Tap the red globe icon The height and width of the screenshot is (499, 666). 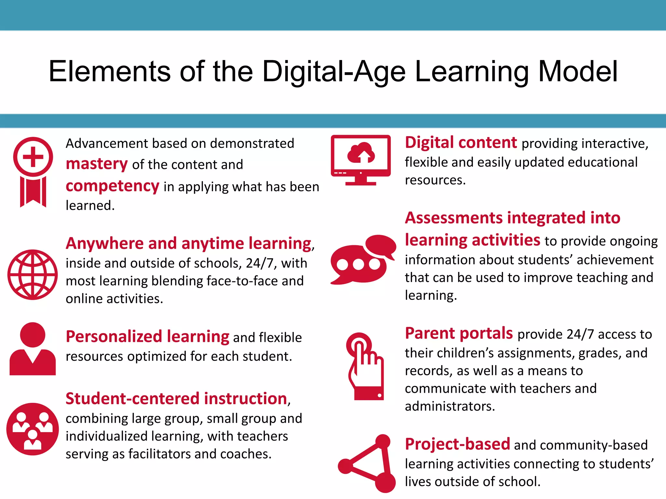click(x=33, y=275)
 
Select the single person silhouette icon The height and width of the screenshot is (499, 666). click(x=33, y=349)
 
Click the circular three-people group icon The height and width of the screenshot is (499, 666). click(x=33, y=429)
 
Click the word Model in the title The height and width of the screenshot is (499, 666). click(x=578, y=71)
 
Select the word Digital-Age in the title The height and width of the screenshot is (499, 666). click(x=334, y=71)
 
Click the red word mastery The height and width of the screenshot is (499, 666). click(x=97, y=164)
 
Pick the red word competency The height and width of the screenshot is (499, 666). click(x=113, y=186)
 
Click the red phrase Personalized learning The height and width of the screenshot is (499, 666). click(x=148, y=337)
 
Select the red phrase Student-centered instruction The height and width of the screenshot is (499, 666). click(x=177, y=399)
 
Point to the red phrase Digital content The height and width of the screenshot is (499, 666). click(x=461, y=143)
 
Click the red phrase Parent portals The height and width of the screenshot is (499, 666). click(x=459, y=333)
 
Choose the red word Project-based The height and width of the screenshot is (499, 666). click(x=458, y=444)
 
